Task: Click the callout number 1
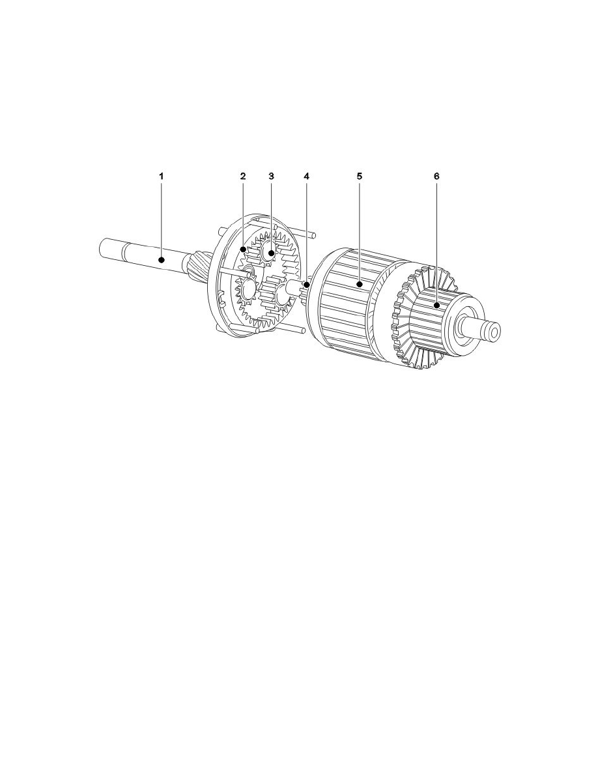[161, 176]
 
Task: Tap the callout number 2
[243, 176]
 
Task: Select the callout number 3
[271, 176]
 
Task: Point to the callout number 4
[306, 176]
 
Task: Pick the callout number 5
[359, 176]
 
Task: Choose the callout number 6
[436, 176]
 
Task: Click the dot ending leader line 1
[161, 259]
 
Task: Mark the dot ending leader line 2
[243, 250]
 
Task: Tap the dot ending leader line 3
[271, 253]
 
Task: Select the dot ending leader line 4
[306, 285]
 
